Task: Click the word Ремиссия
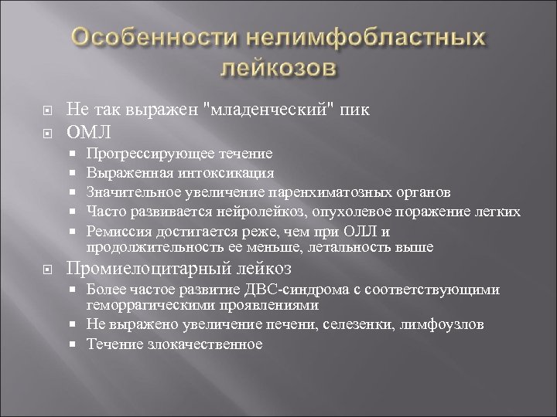click(x=115, y=229)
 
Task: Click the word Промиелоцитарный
click(x=144, y=268)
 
